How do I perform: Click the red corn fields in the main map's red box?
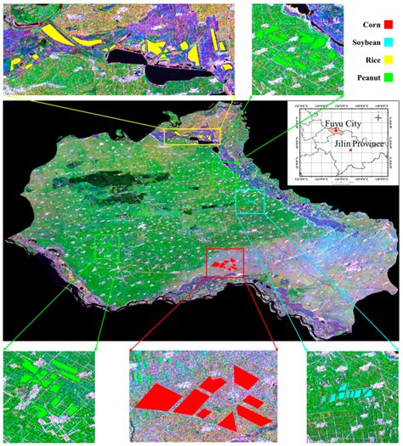point(223,266)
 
